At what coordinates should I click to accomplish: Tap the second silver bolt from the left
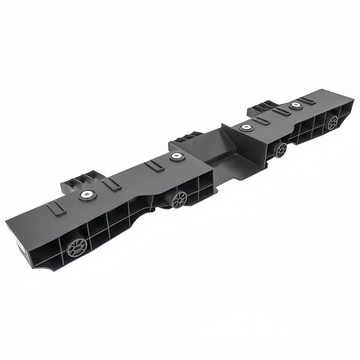click(177, 157)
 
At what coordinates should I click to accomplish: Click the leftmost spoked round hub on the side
click(77, 243)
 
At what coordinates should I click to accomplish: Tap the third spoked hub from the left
click(281, 149)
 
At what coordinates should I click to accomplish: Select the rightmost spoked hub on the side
click(332, 123)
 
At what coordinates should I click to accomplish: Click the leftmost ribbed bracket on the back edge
click(78, 183)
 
